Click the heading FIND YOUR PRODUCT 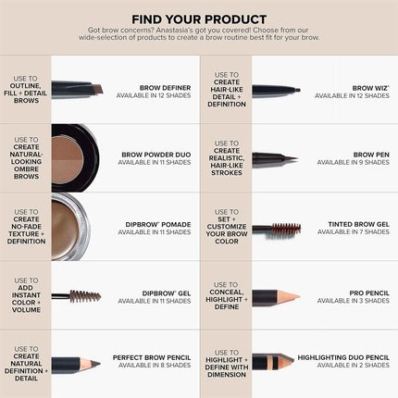(199, 19)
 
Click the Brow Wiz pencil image (275, 90)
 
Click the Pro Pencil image (275, 296)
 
